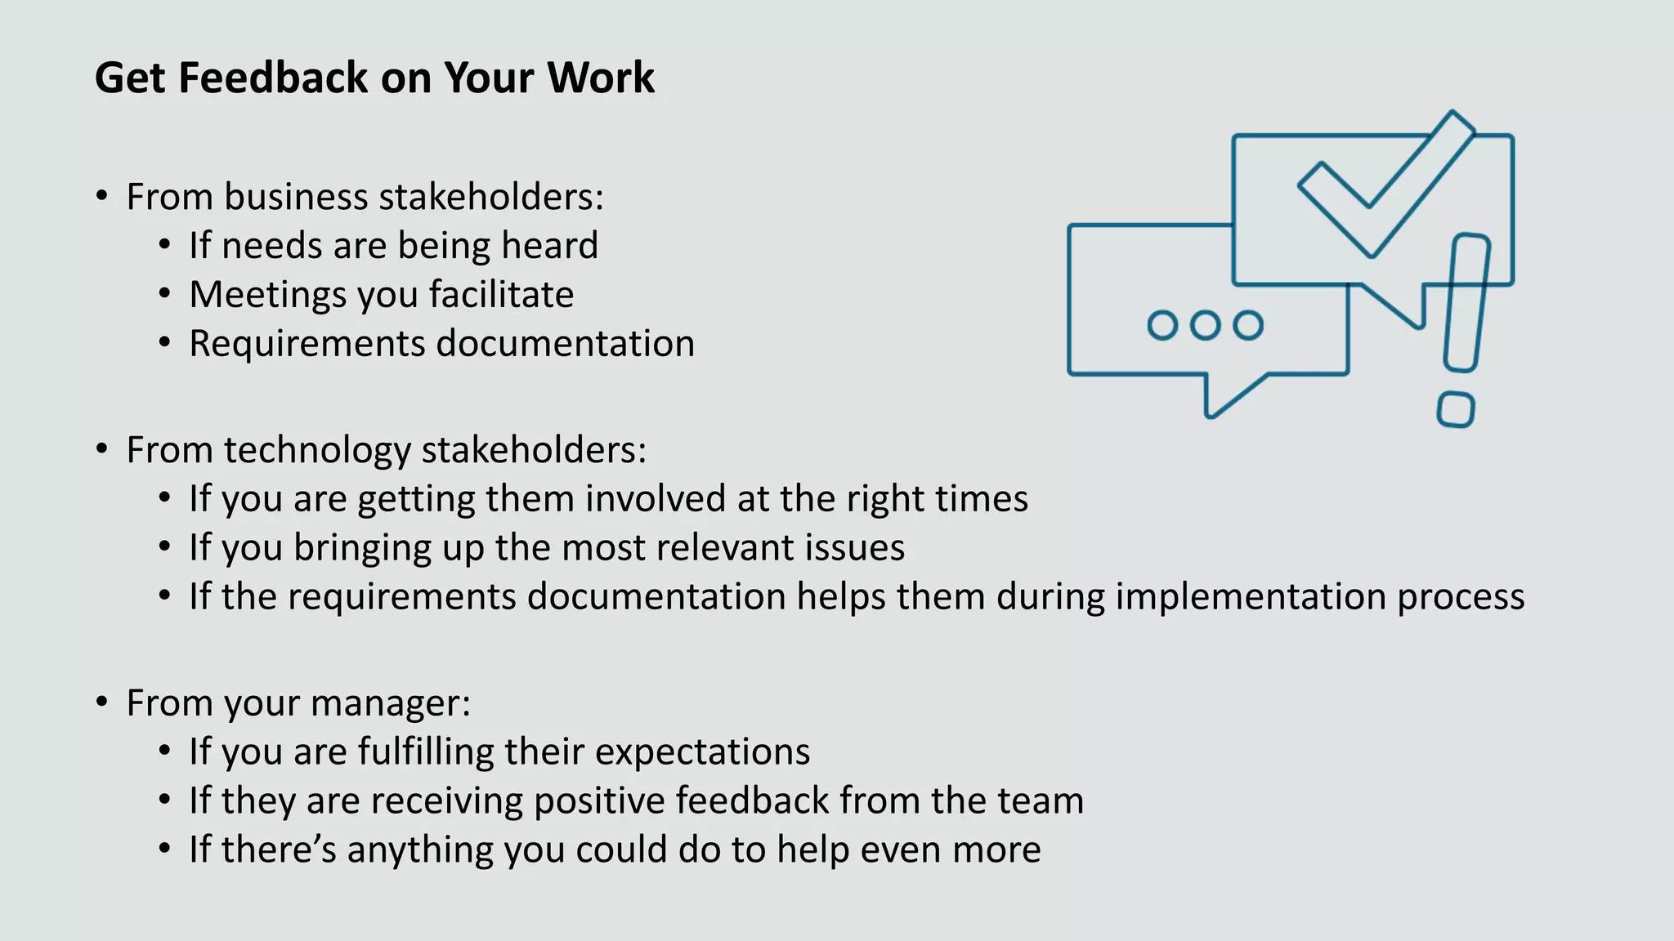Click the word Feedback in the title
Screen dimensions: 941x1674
coord(273,78)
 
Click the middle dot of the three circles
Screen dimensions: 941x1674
coord(1205,325)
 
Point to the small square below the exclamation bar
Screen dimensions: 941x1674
coord(1455,409)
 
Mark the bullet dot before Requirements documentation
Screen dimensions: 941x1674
coord(165,343)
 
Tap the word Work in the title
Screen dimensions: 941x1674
coord(601,78)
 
